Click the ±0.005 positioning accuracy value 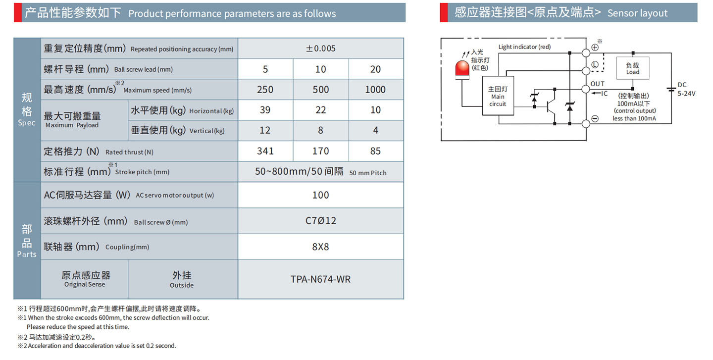[x=320, y=49]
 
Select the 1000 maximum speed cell [x=375, y=90]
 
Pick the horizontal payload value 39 [x=265, y=110]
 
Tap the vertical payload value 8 [x=320, y=130]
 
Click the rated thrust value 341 [x=265, y=151]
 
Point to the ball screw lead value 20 [x=375, y=69]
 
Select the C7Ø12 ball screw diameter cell [x=320, y=221]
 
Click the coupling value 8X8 [x=320, y=247]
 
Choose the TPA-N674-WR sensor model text [x=320, y=279]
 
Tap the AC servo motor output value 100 [x=320, y=195]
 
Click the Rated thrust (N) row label [x=98, y=152]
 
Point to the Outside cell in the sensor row [x=182, y=279]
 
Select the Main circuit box [x=498, y=97]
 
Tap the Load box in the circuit [x=632, y=68]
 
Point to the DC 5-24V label [x=686, y=89]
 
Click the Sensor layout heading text [x=637, y=13]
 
